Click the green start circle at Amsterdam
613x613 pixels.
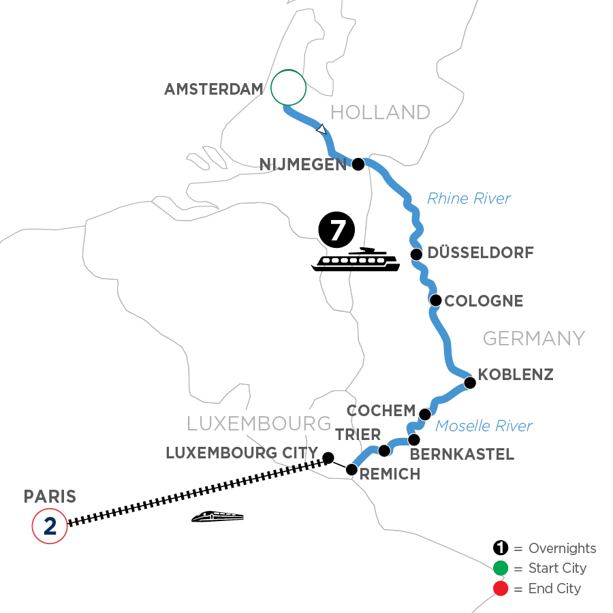point(288,87)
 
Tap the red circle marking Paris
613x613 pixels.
point(50,526)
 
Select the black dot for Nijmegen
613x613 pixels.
point(357,163)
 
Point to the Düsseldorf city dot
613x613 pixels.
point(415,254)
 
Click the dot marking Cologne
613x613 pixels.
point(435,300)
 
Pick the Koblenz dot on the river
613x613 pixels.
point(469,383)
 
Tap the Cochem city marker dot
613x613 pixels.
point(424,414)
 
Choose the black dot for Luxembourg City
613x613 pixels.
point(328,457)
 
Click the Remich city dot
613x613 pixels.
point(351,469)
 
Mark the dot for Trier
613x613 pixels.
point(384,451)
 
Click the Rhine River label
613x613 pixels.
point(469,199)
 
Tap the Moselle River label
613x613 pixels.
point(484,426)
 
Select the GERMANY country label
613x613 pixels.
point(534,338)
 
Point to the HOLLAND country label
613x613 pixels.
point(381,112)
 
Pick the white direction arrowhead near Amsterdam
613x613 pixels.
point(321,128)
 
